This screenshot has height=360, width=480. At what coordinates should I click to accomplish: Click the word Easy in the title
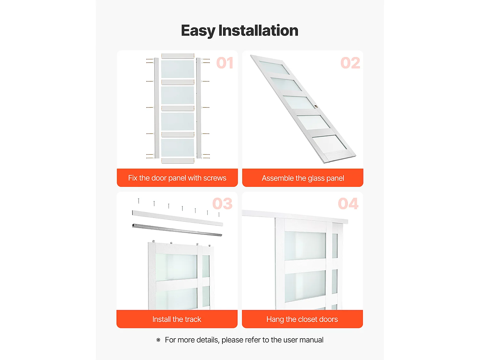tap(198, 31)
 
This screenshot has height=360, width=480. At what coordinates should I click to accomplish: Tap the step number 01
tap(225, 63)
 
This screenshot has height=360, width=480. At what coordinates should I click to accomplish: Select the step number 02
tap(350, 63)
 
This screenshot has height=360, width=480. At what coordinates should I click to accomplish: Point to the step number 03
tap(222, 204)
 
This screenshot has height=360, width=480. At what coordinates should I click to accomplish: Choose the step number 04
tap(348, 204)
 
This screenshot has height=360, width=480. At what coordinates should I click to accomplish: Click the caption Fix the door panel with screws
tap(177, 178)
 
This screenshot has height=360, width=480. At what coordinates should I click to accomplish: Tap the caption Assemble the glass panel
tap(303, 178)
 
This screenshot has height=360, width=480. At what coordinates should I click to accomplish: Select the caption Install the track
tap(177, 319)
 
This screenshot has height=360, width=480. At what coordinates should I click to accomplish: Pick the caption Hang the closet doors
tap(302, 319)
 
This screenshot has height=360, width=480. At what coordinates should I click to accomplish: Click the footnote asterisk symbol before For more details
tap(158, 340)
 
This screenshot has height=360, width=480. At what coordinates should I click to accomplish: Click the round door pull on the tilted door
tap(316, 107)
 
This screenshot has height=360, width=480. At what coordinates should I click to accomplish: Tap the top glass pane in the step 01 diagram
tap(178, 69)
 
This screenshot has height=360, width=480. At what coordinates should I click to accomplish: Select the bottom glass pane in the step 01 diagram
tap(178, 148)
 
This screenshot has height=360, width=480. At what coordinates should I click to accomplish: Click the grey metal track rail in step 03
tap(177, 230)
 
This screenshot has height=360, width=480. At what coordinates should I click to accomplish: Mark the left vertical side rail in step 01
tap(156, 108)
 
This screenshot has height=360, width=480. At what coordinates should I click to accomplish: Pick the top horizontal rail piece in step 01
tap(178, 56)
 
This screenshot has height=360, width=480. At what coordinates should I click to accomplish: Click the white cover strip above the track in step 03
tap(177, 218)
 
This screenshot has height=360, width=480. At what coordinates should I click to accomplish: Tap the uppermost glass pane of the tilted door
tap(274, 68)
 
